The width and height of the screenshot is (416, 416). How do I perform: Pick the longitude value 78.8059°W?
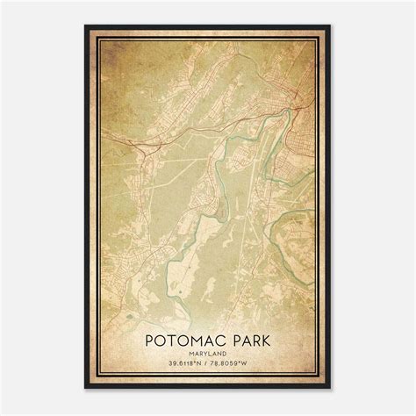coord(240,362)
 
